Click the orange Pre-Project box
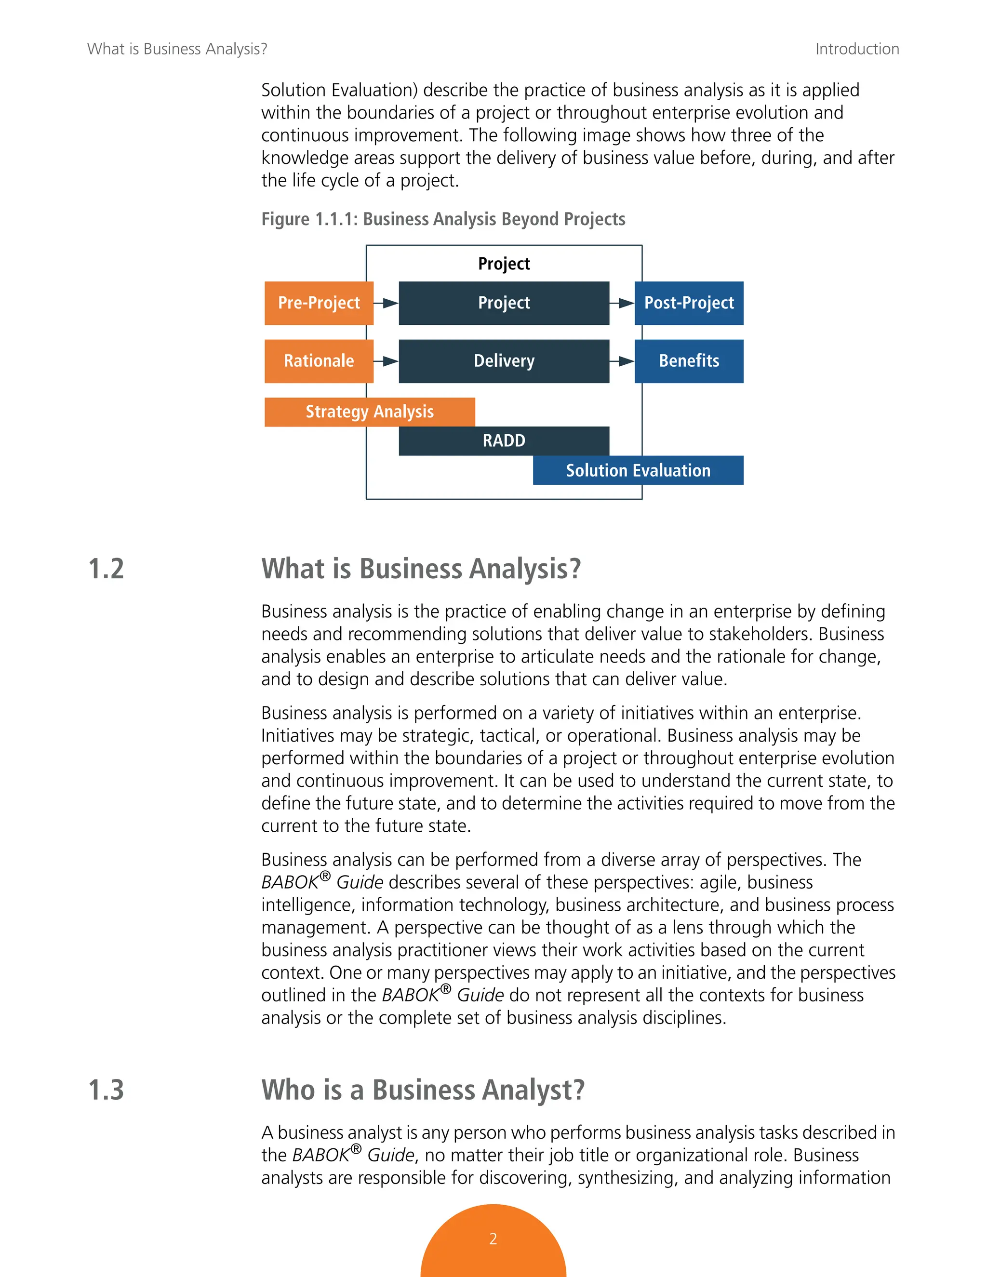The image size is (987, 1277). [x=319, y=303]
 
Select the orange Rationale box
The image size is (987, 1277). [x=319, y=361]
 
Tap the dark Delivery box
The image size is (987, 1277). [x=504, y=361]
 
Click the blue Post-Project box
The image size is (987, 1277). [x=689, y=303]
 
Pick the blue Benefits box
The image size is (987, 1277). [x=689, y=361]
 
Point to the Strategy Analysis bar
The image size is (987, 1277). [x=370, y=412]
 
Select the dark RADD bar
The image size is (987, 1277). [x=504, y=441]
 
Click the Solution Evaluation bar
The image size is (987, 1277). [x=638, y=470]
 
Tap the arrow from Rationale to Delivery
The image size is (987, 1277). [x=386, y=361]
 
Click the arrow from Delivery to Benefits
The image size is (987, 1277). [x=622, y=361]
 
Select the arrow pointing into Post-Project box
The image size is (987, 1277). [x=622, y=303]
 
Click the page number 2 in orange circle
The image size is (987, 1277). [x=493, y=1239]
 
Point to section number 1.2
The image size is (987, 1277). [x=106, y=569]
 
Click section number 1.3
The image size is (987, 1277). [x=106, y=1090]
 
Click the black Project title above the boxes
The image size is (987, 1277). [x=504, y=264]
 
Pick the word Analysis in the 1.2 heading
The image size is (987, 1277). [x=525, y=569]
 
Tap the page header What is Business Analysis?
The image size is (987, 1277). [x=177, y=49]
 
